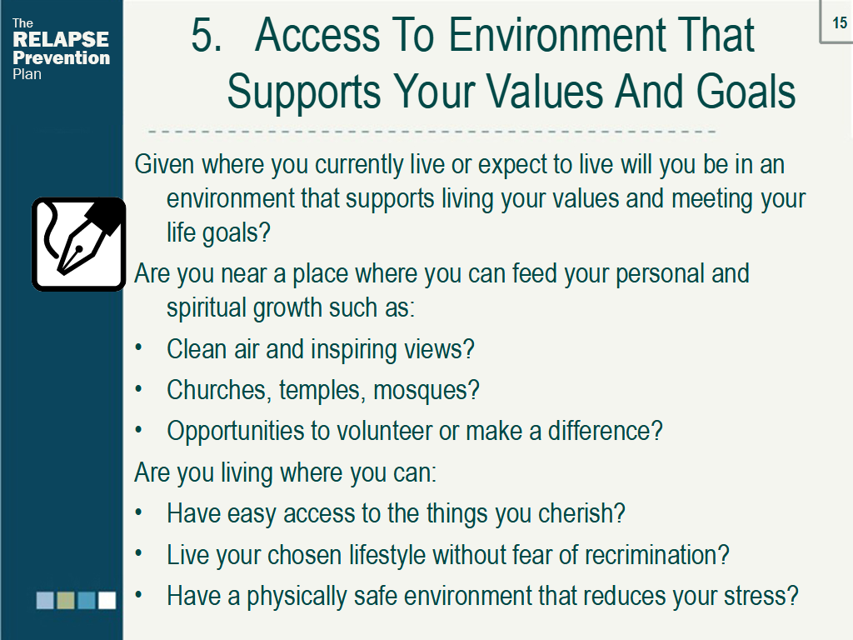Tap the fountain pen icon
point(78,243)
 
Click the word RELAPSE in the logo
point(61,40)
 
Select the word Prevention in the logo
point(62,57)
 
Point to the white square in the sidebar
point(107,600)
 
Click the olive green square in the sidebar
point(66,600)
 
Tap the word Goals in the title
point(746,92)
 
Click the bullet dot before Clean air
point(139,348)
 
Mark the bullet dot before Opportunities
point(139,431)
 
